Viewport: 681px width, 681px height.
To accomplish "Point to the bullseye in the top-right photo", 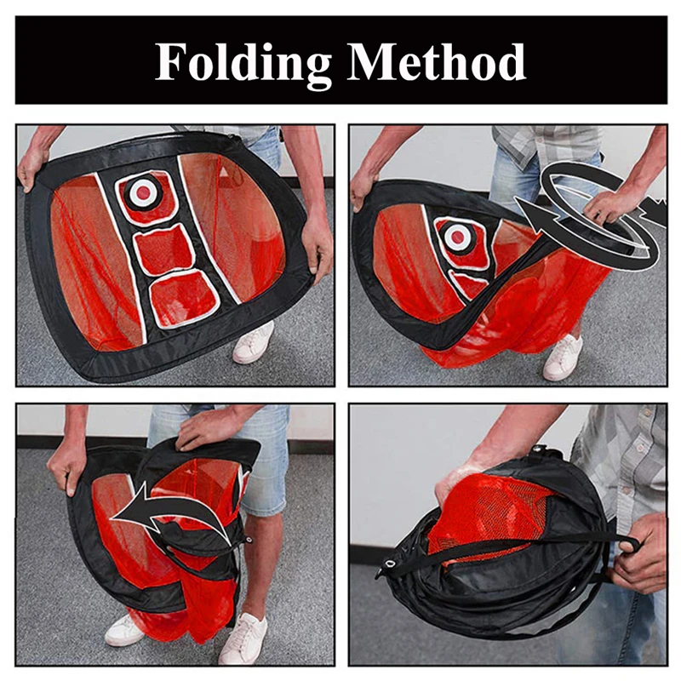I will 458,237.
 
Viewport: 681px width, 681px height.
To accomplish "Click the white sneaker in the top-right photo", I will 563,357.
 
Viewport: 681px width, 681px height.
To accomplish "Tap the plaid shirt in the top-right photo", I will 545,145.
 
